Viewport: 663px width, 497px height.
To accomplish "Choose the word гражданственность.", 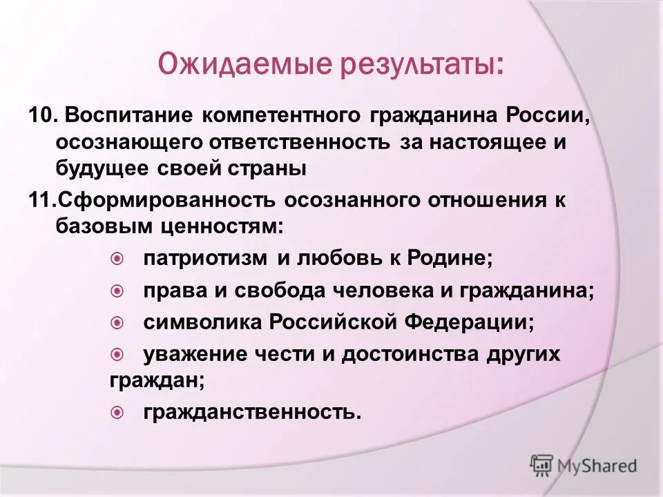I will click(252, 412).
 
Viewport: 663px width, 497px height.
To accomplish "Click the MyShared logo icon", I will click(541, 465).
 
